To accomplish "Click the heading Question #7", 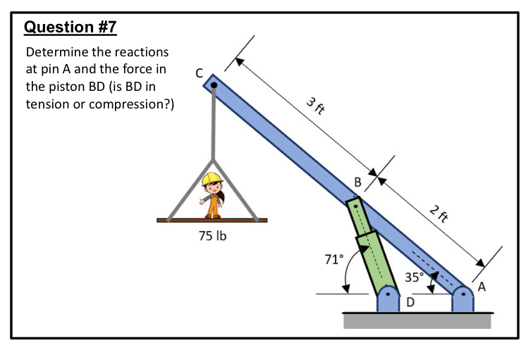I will coord(70,27).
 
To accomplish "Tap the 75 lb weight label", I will coord(212,235).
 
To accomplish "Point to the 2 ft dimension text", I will coord(439,212).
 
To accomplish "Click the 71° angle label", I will coord(333,259).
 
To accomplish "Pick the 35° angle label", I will coord(414,276).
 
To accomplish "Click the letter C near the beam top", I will coord(199,73).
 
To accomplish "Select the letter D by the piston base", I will coord(410,302).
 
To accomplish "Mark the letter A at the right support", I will coord(482,287).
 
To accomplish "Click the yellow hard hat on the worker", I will coord(211,179).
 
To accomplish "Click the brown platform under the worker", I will coord(212,221).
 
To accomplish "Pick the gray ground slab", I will coord(417,321).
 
